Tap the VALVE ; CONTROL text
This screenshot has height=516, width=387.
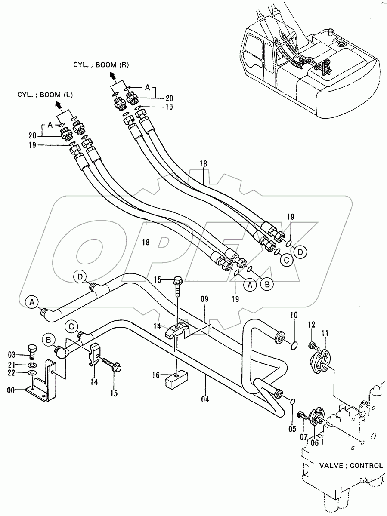tap(351, 465)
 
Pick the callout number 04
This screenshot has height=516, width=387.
tap(205, 399)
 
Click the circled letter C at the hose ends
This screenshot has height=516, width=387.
tap(285, 259)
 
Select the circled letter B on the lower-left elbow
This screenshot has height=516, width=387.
tap(48, 341)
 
